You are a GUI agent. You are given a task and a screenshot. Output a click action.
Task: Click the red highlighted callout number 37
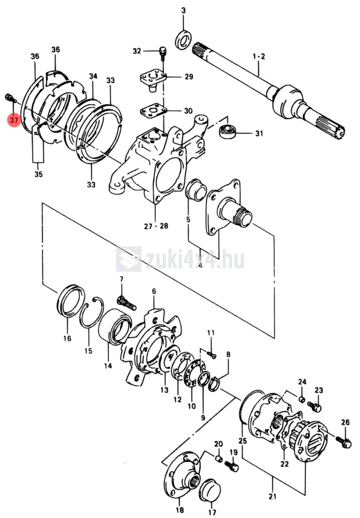click(14, 119)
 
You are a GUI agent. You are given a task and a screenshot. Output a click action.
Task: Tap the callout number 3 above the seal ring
click(184, 11)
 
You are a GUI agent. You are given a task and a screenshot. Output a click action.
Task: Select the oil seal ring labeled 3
click(184, 39)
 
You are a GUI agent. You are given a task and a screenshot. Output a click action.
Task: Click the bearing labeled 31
click(227, 132)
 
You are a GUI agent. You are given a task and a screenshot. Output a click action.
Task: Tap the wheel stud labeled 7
click(126, 303)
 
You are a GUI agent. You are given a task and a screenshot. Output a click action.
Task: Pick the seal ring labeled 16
click(70, 300)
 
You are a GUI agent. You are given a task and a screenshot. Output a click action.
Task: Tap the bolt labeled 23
click(314, 406)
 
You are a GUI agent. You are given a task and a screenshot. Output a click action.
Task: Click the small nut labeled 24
click(301, 400)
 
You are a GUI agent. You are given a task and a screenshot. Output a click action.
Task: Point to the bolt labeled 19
click(232, 466)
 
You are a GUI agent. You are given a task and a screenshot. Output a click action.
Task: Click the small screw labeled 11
click(212, 355)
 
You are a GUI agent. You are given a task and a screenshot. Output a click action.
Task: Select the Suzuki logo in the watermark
click(129, 258)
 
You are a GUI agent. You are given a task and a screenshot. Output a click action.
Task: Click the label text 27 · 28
click(156, 226)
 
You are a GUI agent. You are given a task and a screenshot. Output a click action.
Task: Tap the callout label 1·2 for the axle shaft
click(259, 57)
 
